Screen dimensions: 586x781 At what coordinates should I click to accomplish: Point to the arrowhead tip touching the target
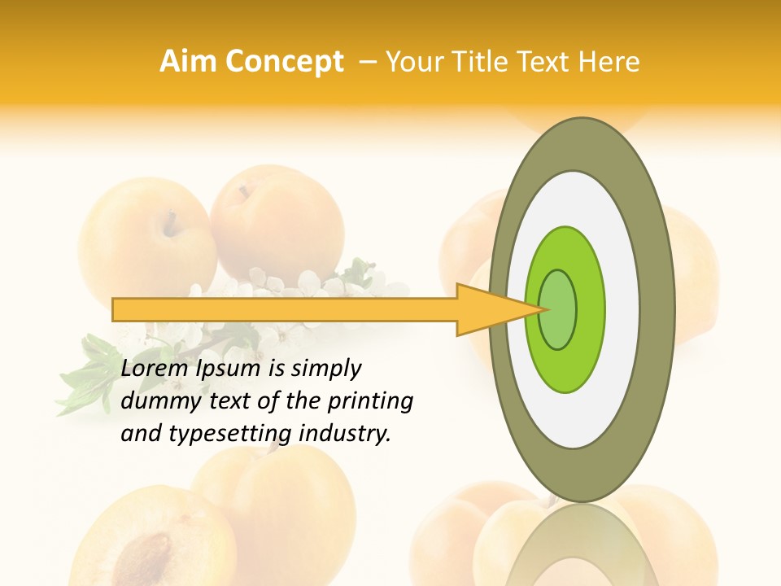543,309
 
